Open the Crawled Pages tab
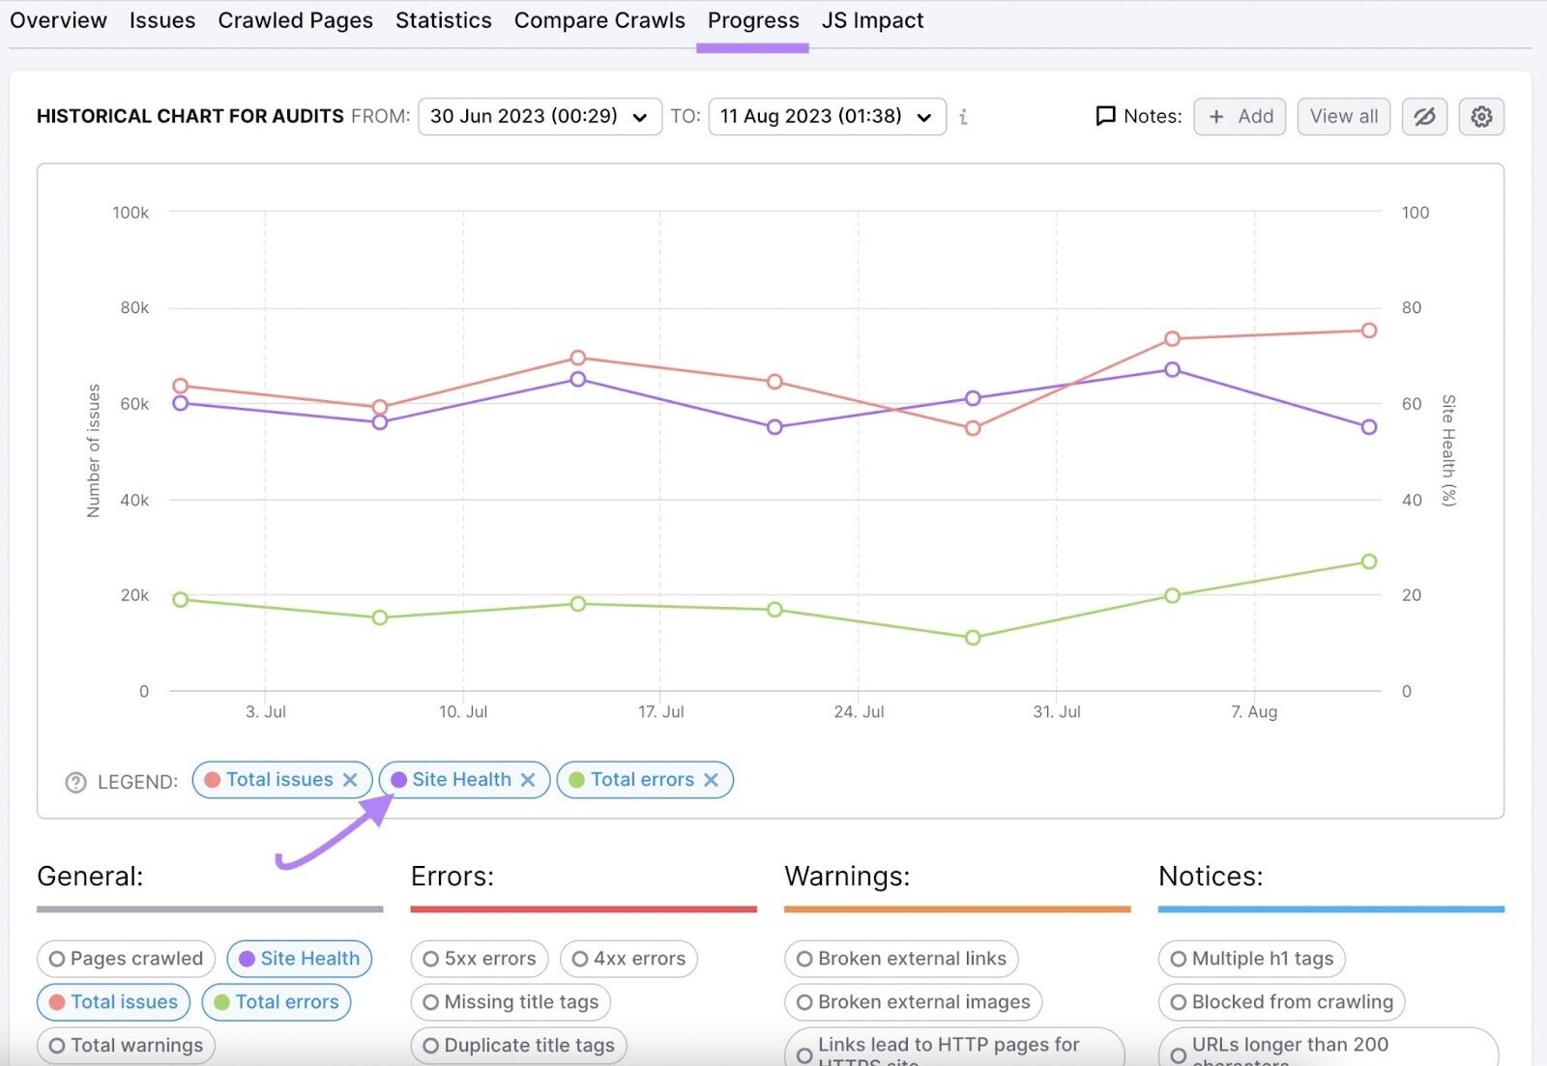click(x=295, y=20)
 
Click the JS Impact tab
click(x=872, y=20)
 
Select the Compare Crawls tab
click(x=599, y=20)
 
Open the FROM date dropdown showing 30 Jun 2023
click(x=540, y=117)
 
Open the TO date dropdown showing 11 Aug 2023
click(x=827, y=117)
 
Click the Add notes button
click(x=1240, y=117)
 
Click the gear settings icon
click(x=1481, y=117)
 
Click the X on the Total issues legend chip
click(x=351, y=780)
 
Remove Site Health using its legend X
click(x=528, y=780)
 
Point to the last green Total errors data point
click(x=1369, y=562)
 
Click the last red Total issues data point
click(x=1369, y=331)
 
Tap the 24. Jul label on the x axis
click(x=859, y=712)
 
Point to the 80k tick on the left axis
click(x=134, y=308)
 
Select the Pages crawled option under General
click(x=127, y=959)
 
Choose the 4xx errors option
click(x=628, y=959)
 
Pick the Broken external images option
click(x=913, y=1002)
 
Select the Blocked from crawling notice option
click(x=1281, y=1002)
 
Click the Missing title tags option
click(x=511, y=1002)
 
